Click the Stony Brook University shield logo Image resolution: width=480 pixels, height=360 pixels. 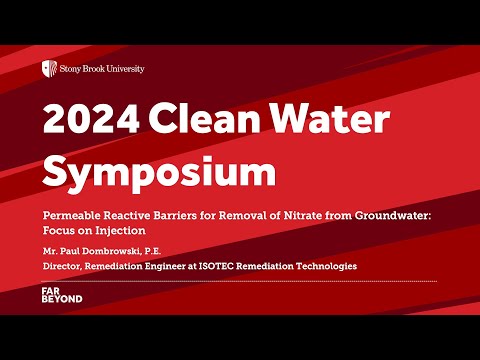(x=47, y=68)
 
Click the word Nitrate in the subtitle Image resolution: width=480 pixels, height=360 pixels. (x=299, y=214)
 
